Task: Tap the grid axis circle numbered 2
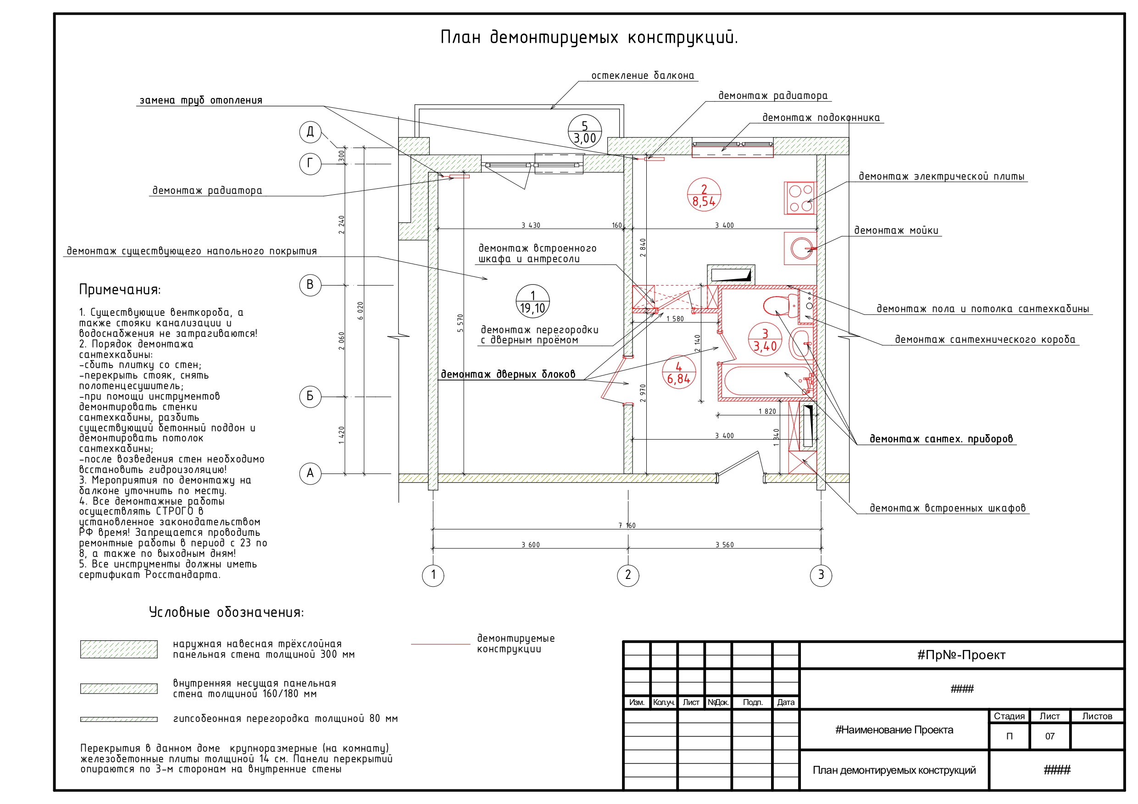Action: (x=628, y=575)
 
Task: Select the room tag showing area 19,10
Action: (x=533, y=301)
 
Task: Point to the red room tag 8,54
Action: (x=704, y=195)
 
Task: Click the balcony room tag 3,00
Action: (x=585, y=131)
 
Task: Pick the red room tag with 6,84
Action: (x=678, y=372)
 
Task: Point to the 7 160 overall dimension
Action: (x=627, y=525)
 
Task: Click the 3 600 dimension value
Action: (x=530, y=545)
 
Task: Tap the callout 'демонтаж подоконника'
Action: (x=821, y=118)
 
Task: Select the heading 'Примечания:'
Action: (x=120, y=290)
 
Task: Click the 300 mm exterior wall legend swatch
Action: (x=119, y=649)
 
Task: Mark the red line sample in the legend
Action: (x=440, y=644)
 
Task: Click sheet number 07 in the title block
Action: (x=1050, y=737)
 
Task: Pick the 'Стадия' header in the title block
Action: (x=1009, y=716)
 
